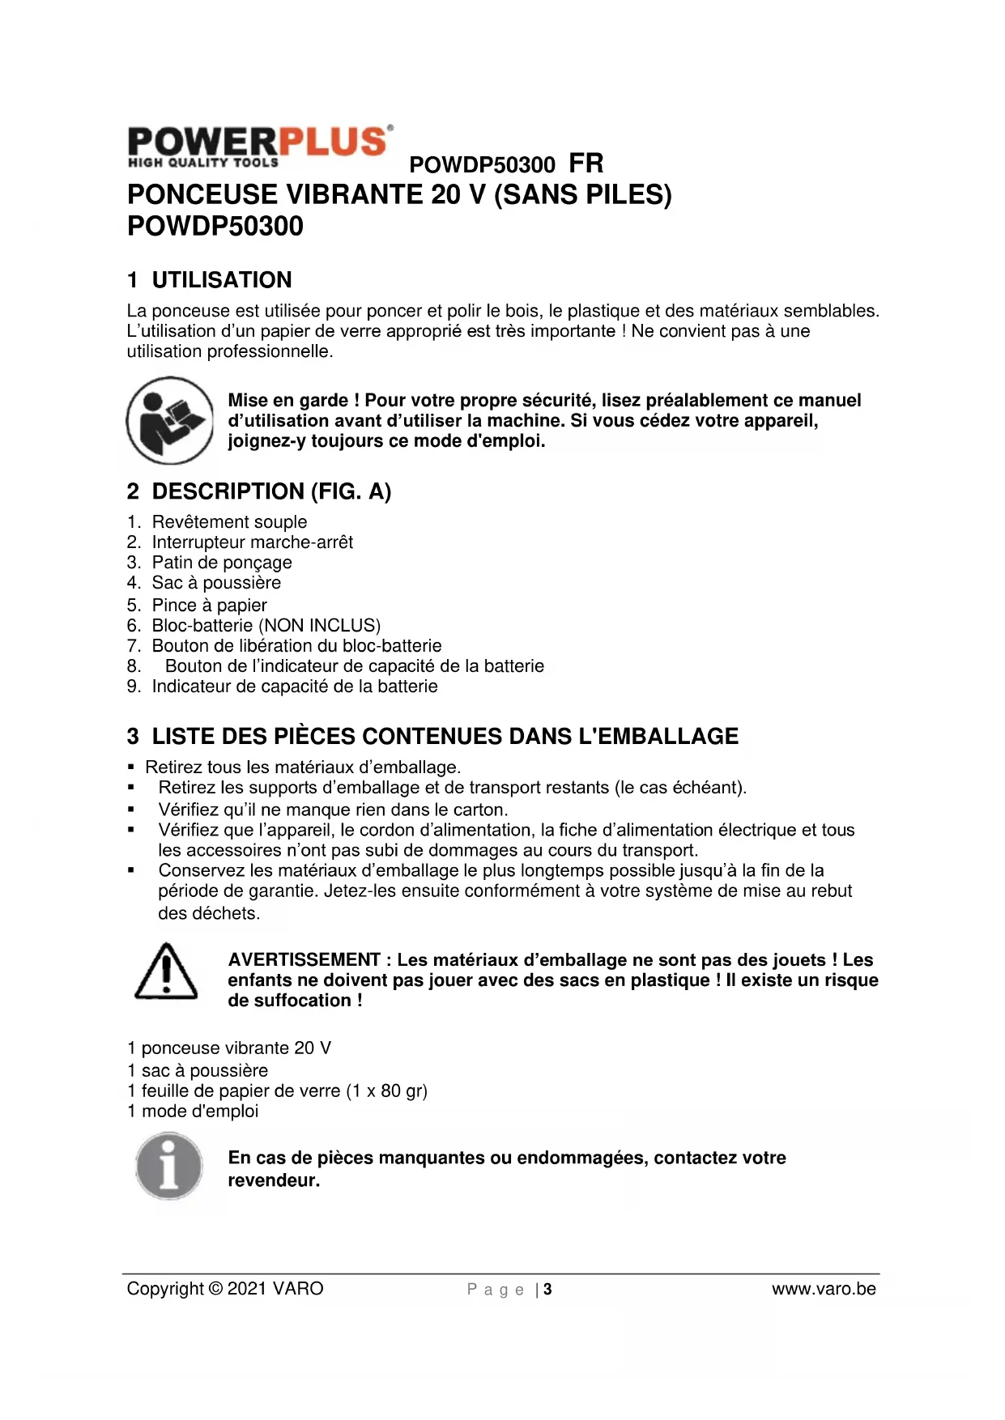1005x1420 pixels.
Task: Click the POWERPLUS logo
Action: pyautogui.click(x=260, y=147)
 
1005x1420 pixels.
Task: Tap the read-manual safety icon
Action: pyautogui.click(x=169, y=420)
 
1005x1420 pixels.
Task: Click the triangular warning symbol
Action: pyautogui.click(x=166, y=971)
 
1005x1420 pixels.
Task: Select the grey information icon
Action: pyautogui.click(x=169, y=1167)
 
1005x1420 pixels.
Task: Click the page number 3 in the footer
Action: pyautogui.click(x=548, y=1290)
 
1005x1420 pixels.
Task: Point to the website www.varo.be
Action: pyautogui.click(x=824, y=1289)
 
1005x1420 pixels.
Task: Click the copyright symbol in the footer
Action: pyautogui.click(x=215, y=1289)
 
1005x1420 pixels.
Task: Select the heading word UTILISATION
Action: pyautogui.click(x=222, y=280)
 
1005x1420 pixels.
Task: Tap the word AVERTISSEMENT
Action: pyautogui.click(x=304, y=960)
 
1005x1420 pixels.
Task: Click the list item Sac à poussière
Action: pyautogui.click(x=216, y=583)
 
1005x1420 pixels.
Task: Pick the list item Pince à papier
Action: pyautogui.click(x=209, y=606)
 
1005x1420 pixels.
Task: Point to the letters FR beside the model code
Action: pyautogui.click(x=586, y=164)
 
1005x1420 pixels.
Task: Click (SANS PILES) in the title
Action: pyautogui.click(x=582, y=195)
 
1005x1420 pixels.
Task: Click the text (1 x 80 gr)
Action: pyautogui.click(x=386, y=1091)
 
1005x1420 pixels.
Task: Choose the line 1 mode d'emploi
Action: pyautogui.click(x=193, y=1112)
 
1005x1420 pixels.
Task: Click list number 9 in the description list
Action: pyautogui.click(x=134, y=687)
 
